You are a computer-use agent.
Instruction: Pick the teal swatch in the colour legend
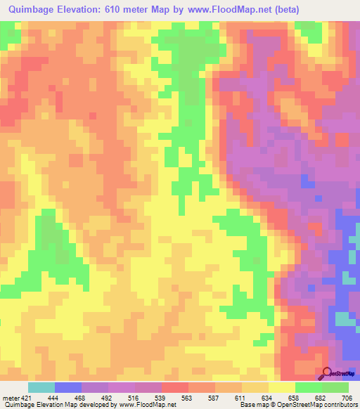pos(41,387)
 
